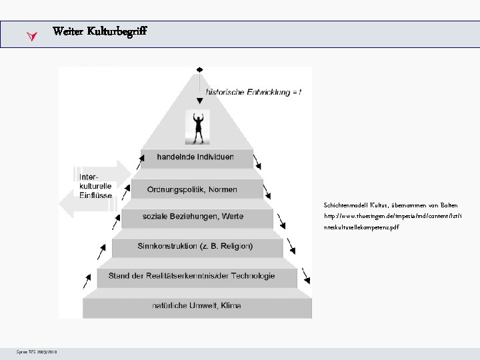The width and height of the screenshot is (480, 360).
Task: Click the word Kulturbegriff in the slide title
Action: (x=117, y=31)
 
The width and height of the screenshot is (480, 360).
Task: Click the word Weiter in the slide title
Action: (x=67, y=31)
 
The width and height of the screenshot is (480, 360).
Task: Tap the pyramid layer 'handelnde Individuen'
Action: (x=195, y=157)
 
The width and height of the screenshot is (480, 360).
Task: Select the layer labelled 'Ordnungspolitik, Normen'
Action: (x=196, y=189)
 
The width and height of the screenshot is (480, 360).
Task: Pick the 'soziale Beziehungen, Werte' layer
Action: (x=196, y=216)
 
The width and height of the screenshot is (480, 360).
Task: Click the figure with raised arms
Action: (x=197, y=127)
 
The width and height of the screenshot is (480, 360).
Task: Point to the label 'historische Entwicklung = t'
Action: (x=253, y=93)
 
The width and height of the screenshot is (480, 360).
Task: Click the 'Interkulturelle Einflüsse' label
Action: (x=95, y=185)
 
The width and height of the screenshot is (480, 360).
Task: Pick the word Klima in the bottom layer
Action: (x=228, y=305)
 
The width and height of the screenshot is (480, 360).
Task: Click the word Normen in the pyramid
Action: (x=221, y=189)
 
